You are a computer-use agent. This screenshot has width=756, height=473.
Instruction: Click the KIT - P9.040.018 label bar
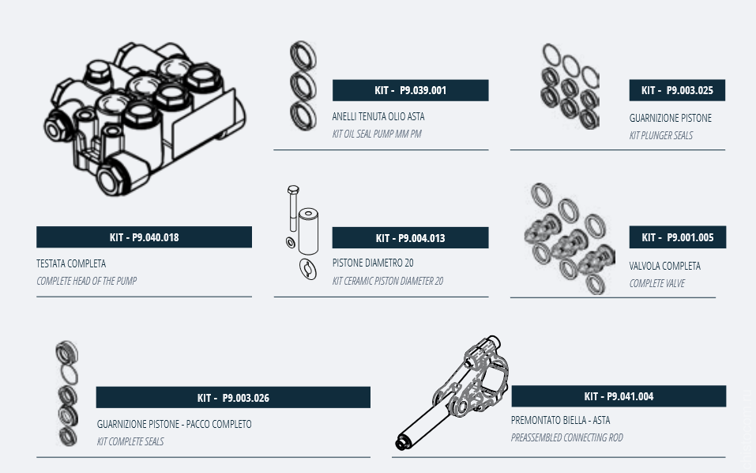pyautogui.click(x=144, y=237)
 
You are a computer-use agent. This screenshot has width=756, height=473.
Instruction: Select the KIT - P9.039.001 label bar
pyautogui.click(x=410, y=90)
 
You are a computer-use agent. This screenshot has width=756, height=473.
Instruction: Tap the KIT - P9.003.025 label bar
pyautogui.click(x=677, y=90)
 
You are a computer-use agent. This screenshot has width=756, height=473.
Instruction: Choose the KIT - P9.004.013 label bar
pyautogui.click(x=410, y=237)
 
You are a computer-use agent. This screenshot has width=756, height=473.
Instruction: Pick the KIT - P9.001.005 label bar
pyautogui.click(x=678, y=237)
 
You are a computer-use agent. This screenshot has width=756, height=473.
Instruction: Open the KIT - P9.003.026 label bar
pyautogui.click(x=233, y=397)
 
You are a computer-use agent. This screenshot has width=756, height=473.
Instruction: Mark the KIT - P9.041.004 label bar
pyautogui.click(x=619, y=396)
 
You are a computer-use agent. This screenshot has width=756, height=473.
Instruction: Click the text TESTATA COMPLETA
pyautogui.click(x=71, y=263)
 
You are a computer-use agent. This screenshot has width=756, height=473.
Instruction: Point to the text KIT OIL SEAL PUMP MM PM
pyautogui.click(x=377, y=134)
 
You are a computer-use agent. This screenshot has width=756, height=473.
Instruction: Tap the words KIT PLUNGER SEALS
pyautogui.click(x=661, y=135)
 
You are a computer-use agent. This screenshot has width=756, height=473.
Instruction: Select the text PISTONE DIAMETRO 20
pyautogui.click(x=373, y=263)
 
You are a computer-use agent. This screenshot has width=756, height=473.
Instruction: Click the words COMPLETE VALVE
pyautogui.click(x=656, y=283)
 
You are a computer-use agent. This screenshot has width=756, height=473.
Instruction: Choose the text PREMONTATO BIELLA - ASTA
pyautogui.click(x=560, y=420)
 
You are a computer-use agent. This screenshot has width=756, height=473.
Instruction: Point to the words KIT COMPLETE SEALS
pyautogui.click(x=130, y=441)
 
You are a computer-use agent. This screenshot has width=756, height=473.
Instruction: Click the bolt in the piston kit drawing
pyautogui.click(x=292, y=208)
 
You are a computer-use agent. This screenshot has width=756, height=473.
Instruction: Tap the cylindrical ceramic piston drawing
pyautogui.click(x=308, y=231)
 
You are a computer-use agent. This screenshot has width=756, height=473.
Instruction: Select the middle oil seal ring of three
pyautogui.click(x=303, y=86)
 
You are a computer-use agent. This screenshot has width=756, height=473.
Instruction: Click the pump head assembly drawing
pyautogui.click(x=145, y=119)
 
